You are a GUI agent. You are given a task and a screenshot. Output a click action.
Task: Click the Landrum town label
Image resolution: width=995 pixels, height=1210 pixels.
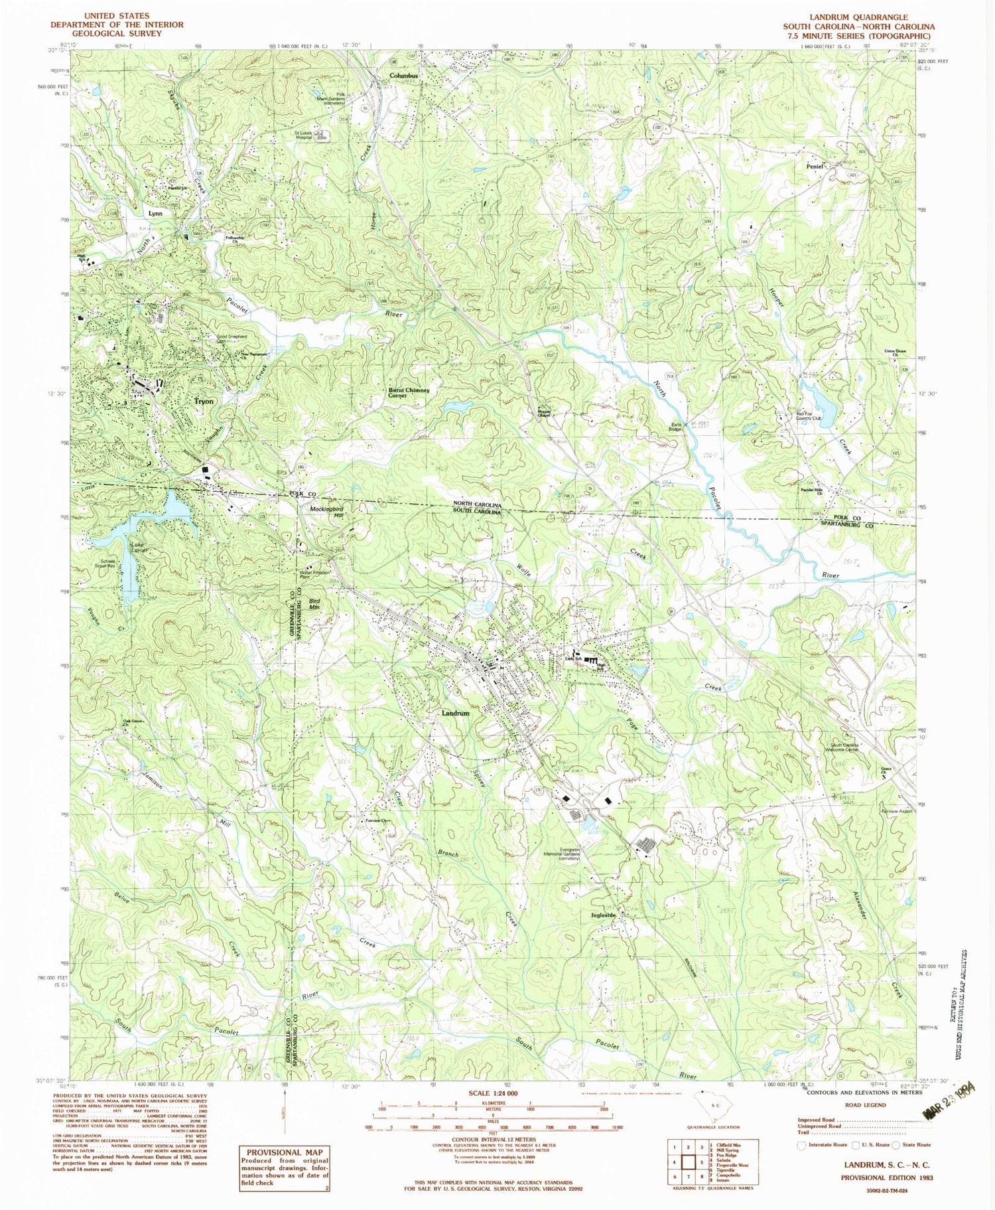(x=455, y=713)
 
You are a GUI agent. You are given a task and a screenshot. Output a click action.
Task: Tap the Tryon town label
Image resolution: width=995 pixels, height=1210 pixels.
(x=204, y=402)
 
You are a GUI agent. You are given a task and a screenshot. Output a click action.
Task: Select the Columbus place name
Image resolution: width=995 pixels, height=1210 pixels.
(x=403, y=76)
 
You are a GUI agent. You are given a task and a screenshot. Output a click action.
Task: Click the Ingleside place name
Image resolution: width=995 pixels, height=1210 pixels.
(x=604, y=915)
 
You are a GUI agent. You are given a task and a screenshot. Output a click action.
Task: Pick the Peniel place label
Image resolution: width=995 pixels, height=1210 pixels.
(x=815, y=166)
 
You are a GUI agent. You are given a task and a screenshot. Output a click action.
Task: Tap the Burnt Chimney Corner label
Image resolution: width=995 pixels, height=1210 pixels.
(x=409, y=393)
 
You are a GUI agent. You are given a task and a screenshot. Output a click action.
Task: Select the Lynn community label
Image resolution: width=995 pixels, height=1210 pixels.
(x=155, y=214)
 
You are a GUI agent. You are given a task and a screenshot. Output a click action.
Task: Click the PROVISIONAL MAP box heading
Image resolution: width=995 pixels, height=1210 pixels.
(x=285, y=1152)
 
